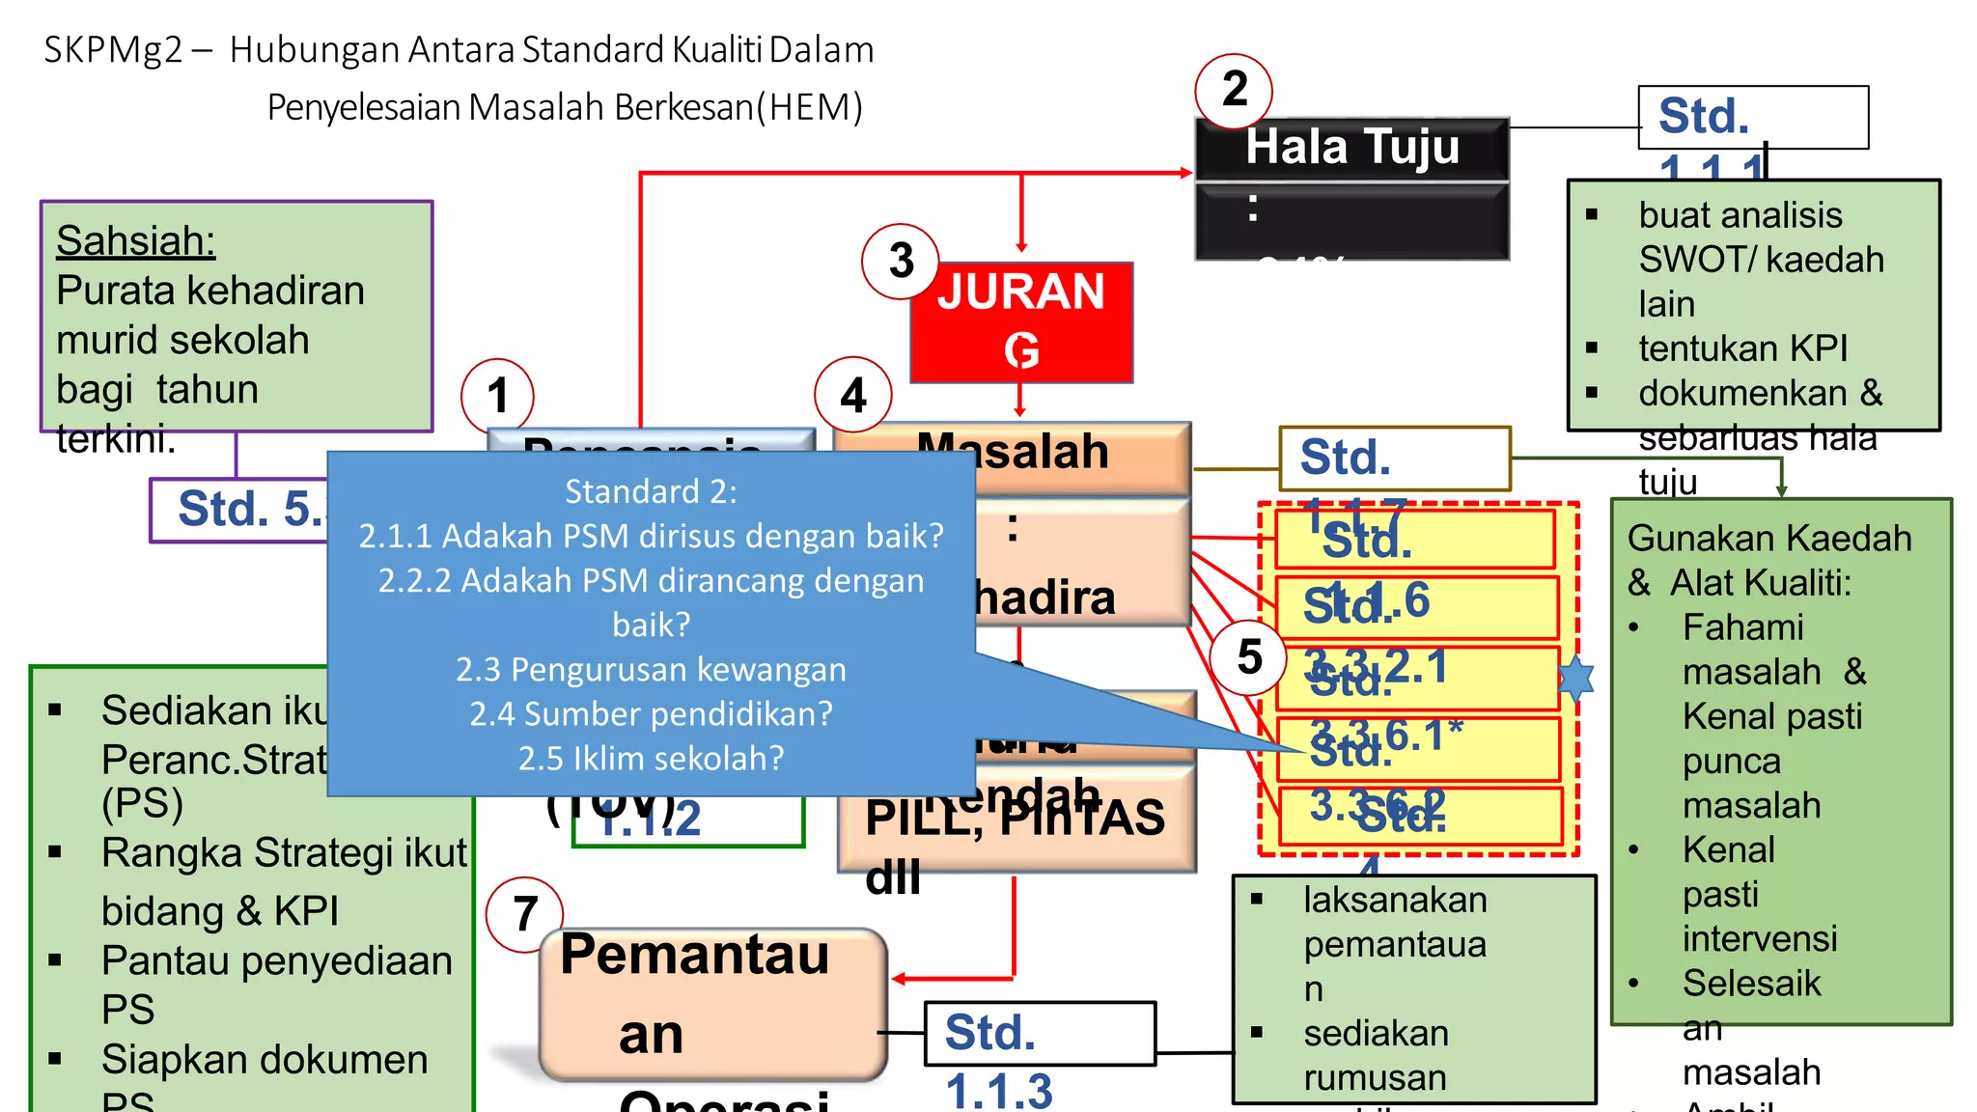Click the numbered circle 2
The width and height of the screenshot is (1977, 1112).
(1233, 91)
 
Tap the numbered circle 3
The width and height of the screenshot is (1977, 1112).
(900, 261)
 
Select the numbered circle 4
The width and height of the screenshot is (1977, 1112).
(852, 395)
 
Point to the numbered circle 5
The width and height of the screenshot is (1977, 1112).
(1249, 657)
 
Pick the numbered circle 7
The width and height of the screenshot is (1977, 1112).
(524, 913)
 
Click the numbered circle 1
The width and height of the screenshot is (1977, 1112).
(497, 395)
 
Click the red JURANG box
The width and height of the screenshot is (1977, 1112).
(1021, 321)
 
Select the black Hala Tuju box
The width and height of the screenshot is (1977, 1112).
(1351, 188)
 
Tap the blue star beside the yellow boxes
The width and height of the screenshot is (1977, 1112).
(1576, 678)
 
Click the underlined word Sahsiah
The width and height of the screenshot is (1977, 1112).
(135, 241)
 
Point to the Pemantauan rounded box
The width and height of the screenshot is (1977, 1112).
(712, 1004)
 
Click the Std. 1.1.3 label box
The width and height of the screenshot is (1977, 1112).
(1039, 1033)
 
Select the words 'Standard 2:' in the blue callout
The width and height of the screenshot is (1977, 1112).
(651, 492)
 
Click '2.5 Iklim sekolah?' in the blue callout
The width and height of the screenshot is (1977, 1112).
(651, 759)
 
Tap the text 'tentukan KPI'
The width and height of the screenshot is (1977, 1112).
(1742, 348)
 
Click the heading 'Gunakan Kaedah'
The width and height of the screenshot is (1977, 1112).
(1768, 539)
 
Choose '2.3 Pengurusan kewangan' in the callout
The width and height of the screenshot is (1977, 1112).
(651, 670)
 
